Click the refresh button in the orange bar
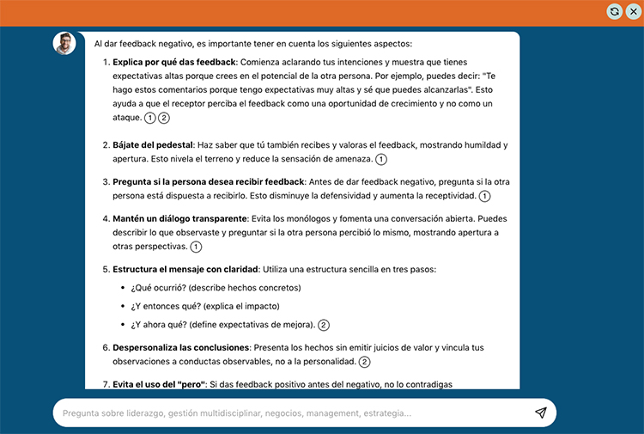pyautogui.click(x=614, y=11)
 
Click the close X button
pyautogui.click(x=633, y=11)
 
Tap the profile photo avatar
pyautogui.click(x=64, y=43)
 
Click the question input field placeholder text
pyautogui.click(x=236, y=413)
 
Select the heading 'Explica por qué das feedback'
pyautogui.click(x=174, y=62)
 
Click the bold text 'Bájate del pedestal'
pyautogui.click(x=152, y=145)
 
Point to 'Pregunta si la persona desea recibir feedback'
pyautogui.click(x=209, y=182)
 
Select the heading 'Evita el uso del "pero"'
pyautogui.click(x=159, y=384)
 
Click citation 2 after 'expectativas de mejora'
pyautogui.click(x=324, y=325)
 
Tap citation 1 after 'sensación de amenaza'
pyautogui.click(x=381, y=160)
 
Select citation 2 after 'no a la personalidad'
pyautogui.click(x=364, y=363)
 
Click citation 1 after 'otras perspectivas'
pyautogui.click(x=196, y=248)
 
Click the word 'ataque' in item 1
pyautogui.click(x=126, y=118)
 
